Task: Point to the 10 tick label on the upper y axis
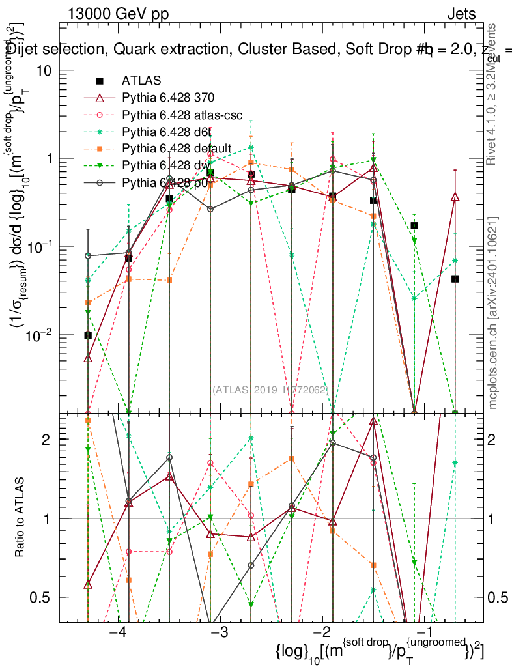[x=44, y=71]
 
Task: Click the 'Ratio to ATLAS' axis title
[x=23, y=518]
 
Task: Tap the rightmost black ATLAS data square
[x=455, y=279]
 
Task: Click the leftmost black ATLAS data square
[x=88, y=335]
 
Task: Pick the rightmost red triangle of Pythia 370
[x=455, y=197]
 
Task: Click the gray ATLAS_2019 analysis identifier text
[x=270, y=390]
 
